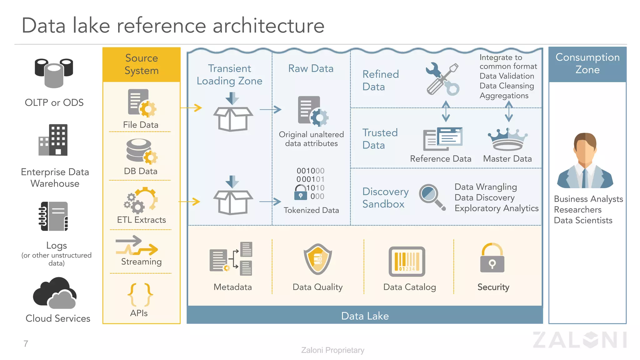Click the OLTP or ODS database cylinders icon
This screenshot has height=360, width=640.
click(54, 73)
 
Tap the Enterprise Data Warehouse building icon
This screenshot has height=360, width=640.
click(53, 140)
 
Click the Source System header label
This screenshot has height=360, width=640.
click(142, 64)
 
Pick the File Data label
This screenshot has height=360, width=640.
click(141, 125)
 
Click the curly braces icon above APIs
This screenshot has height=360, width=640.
click(140, 295)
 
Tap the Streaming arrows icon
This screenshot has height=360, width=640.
click(137, 246)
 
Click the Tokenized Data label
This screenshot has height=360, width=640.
click(311, 210)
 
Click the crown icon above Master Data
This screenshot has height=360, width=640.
click(507, 139)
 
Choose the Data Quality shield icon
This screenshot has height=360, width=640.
click(317, 259)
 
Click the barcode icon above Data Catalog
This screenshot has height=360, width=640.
click(407, 262)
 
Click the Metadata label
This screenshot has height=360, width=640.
click(232, 287)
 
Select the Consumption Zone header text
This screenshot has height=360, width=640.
click(587, 63)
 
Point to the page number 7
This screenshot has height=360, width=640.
click(26, 344)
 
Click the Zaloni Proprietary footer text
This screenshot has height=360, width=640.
click(332, 350)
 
